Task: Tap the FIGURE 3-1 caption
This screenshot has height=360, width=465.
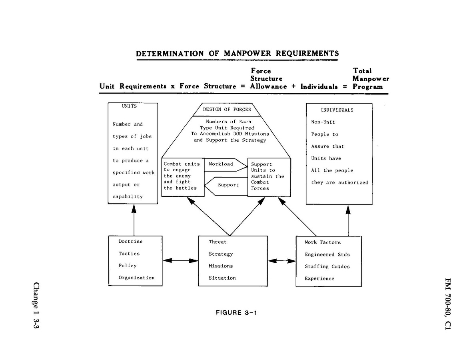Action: point(236,312)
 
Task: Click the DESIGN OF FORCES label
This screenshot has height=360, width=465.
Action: point(227,109)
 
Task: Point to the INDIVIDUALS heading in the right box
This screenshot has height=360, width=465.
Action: point(337,110)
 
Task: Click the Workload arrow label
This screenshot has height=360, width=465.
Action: point(221,164)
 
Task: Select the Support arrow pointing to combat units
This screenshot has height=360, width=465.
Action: point(228,185)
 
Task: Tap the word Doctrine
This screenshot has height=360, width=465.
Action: point(130,241)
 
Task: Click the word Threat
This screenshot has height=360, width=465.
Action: point(217,242)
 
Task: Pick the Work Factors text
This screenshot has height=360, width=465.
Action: point(323,242)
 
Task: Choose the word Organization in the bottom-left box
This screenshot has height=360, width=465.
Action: point(136,278)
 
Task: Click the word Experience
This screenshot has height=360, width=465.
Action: point(319,278)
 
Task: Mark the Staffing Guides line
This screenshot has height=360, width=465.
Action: point(327,266)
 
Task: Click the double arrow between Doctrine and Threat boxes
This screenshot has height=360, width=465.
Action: point(180,261)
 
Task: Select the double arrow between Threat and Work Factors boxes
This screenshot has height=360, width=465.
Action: point(281,261)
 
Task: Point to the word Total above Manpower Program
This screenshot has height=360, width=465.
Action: point(362,71)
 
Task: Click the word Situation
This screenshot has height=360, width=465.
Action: point(222,278)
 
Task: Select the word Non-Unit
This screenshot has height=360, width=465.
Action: point(323,122)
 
